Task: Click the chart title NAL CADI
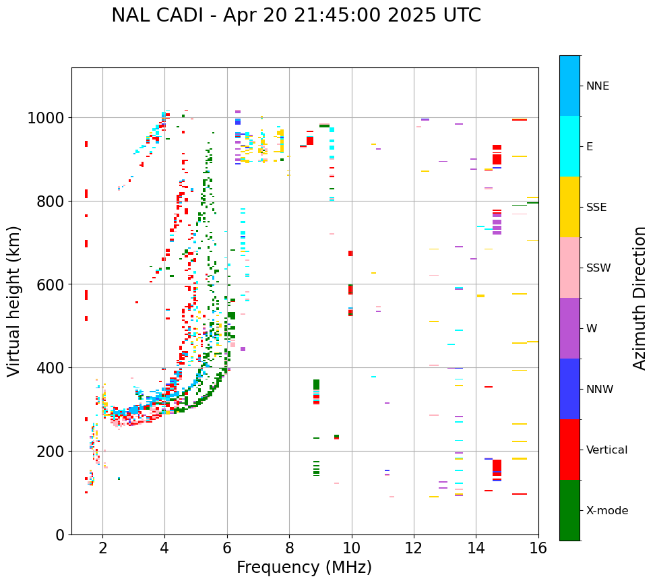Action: (296, 16)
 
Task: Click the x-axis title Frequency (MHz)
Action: (304, 567)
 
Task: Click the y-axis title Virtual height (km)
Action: (14, 301)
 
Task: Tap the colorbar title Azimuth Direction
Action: (640, 298)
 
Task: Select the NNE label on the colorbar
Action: (597, 86)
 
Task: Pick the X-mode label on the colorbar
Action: (606, 510)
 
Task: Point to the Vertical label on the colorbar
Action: (606, 450)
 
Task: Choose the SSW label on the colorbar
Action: (598, 268)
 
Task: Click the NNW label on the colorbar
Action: (600, 389)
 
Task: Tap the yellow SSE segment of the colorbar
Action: (569, 207)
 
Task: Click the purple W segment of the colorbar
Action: (569, 328)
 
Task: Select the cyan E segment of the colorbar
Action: (569, 146)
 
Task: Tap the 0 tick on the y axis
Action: (59, 534)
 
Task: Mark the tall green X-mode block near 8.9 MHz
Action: (316, 388)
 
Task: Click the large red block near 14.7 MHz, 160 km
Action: (497, 466)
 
